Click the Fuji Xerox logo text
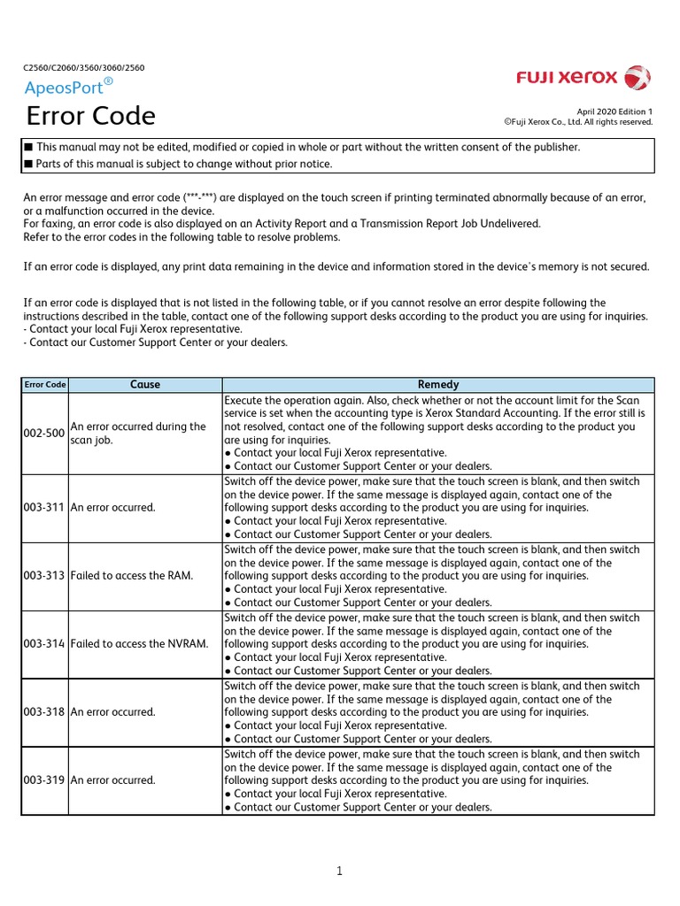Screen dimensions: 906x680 pyautogui.click(x=567, y=78)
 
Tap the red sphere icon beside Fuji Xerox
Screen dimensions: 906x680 pyautogui.click(x=637, y=78)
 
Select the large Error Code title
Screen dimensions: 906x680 pyautogui.click(x=90, y=116)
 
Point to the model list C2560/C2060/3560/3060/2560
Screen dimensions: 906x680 pyautogui.click(x=83, y=67)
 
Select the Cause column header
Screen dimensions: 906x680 pyautogui.click(x=145, y=385)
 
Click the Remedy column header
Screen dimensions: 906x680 pyautogui.click(x=438, y=385)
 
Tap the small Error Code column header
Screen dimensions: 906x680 pyautogui.click(x=45, y=385)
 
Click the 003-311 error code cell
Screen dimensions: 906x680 pyautogui.click(x=45, y=508)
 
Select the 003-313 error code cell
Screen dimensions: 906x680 pyautogui.click(x=45, y=576)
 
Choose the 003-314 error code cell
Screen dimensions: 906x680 pyautogui.click(x=45, y=644)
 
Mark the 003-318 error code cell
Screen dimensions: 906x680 pyautogui.click(x=45, y=712)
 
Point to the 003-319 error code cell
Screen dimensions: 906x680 pyautogui.click(x=45, y=780)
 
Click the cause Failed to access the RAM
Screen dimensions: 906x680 pyautogui.click(x=132, y=576)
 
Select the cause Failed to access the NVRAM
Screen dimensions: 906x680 pyautogui.click(x=139, y=644)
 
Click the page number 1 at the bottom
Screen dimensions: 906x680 pyautogui.click(x=339, y=871)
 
